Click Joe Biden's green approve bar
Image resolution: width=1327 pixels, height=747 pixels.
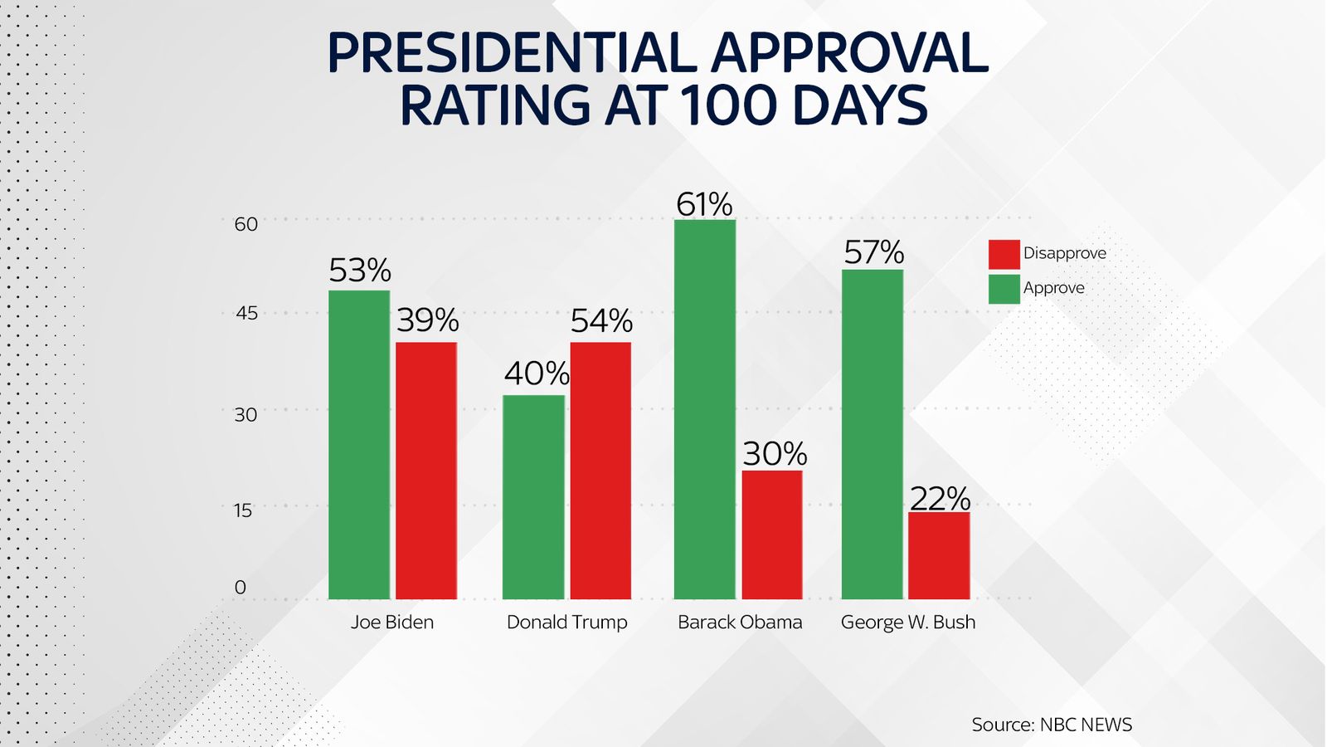pyautogui.click(x=359, y=444)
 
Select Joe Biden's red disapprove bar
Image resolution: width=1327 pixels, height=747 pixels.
pyautogui.click(x=426, y=470)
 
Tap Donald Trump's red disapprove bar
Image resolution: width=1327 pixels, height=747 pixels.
pyautogui.click(x=600, y=470)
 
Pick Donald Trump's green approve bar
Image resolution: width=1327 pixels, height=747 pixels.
pyautogui.click(x=533, y=496)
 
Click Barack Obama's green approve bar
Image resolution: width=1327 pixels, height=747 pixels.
pyautogui.click(x=705, y=408)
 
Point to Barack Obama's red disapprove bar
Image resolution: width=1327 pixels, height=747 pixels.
pyautogui.click(x=772, y=535)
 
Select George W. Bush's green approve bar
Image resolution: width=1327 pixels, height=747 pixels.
pyautogui.click(x=873, y=433)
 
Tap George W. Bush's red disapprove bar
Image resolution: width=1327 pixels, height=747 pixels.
pyautogui.click(x=939, y=555)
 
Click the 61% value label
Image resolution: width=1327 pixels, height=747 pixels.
pyautogui.click(x=704, y=204)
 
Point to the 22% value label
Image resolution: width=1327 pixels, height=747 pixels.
pyautogui.click(x=940, y=499)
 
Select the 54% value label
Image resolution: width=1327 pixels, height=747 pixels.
pyautogui.click(x=601, y=321)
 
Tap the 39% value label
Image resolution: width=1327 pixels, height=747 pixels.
pyautogui.click(x=427, y=320)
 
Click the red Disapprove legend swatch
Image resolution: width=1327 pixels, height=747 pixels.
pyautogui.click(x=1004, y=254)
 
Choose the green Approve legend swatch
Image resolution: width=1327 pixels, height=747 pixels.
pyautogui.click(x=1004, y=289)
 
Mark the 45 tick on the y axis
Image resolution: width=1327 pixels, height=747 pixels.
pyautogui.click(x=246, y=314)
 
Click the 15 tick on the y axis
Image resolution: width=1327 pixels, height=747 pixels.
pyautogui.click(x=242, y=510)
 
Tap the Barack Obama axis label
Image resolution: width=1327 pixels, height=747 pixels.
pyautogui.click(x=740, y=622)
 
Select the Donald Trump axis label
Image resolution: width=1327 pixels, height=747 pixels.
pyautogui.click(x=566, y=622)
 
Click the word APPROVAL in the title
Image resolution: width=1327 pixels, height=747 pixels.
pyautogui.click(x=849, y=54)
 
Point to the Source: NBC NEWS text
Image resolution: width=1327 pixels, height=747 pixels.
pyautogui.click(x=1052, y=725)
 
